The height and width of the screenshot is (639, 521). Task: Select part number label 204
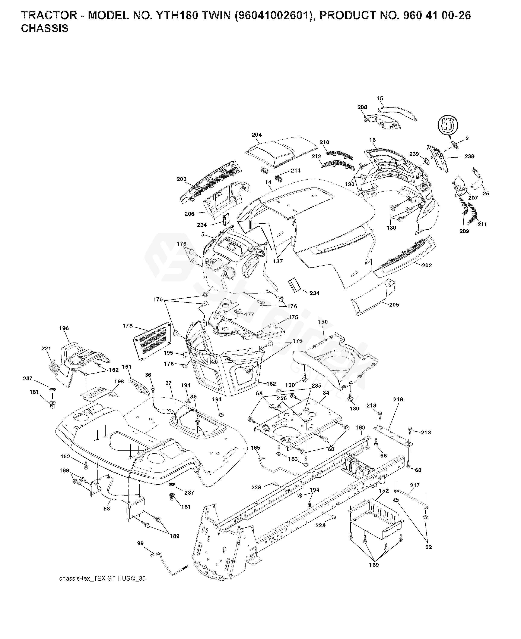257,135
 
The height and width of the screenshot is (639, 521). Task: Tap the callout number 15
380,98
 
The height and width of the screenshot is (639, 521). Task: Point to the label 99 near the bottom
140,543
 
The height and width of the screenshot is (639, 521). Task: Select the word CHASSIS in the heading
45,29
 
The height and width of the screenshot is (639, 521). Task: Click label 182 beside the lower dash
271,384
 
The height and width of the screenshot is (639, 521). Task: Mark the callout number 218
398,399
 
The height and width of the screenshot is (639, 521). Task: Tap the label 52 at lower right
428,547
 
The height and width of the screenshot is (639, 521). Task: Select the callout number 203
182,179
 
